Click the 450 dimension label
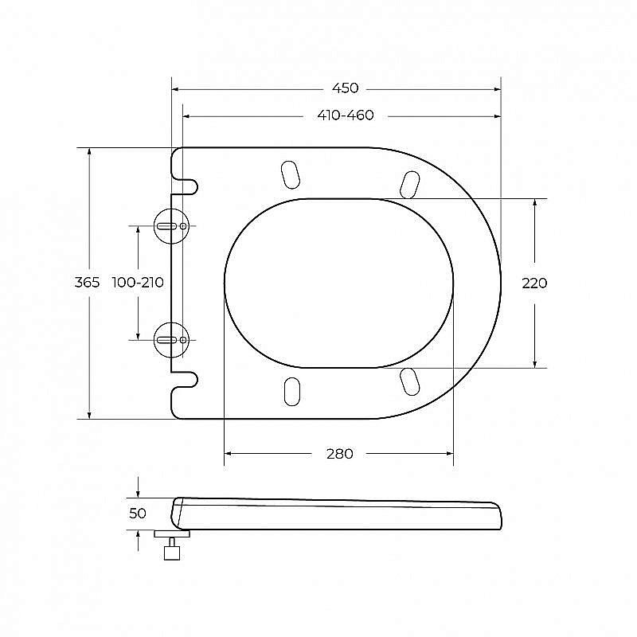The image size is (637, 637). click(x=346, y=88)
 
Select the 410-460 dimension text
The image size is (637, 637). click(x=346, y=115)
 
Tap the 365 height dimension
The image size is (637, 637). click(x=87, y=283)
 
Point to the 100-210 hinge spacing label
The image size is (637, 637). click(x=138, y=283)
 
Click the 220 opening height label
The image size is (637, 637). click(x=534, y=283)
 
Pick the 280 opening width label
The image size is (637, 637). click(x=340, y=454)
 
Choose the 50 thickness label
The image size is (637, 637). click(x=137, y=514)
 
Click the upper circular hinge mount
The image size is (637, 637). click(x=171, y=226)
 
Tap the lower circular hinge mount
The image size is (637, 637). click(x=171, y=340)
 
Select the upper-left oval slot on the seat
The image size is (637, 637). click(x=291, y=174)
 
